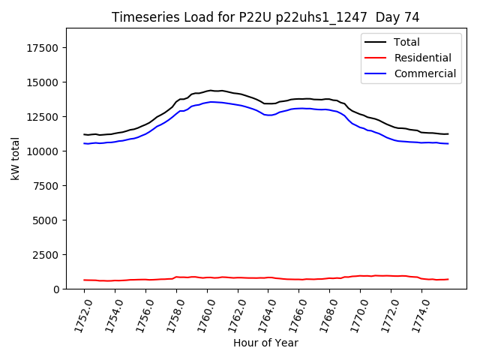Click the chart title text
[265, 17]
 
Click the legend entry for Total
[406, 42]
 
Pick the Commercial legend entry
[424, 73]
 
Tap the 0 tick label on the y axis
[57, 289]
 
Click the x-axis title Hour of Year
[265, 343]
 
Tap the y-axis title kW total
[15, 158]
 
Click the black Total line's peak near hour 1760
[211, 90]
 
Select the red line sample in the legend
[375, 58]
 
